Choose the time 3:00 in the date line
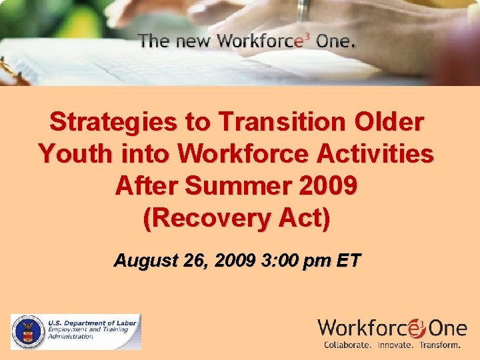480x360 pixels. pos(281,260)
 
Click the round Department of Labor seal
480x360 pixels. pos(27,331)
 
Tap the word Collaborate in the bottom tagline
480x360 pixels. pos(348,345)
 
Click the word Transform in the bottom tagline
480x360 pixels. pos(439,345)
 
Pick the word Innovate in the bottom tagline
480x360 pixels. pos(395,345)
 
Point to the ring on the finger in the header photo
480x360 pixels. pos(303,9)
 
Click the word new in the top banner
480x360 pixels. pos(192,41)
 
